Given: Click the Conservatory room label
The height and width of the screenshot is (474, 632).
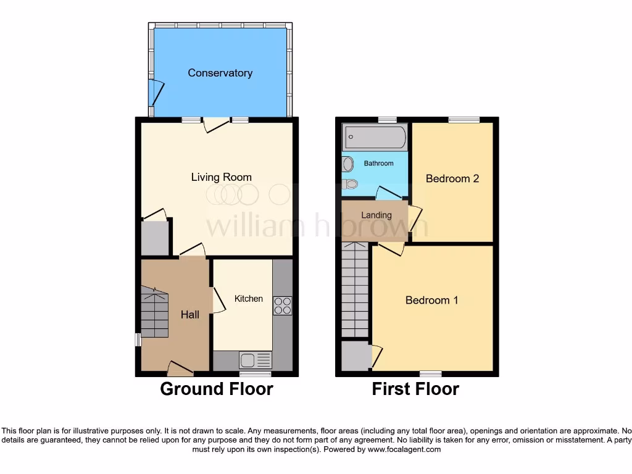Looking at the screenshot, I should [220, 73].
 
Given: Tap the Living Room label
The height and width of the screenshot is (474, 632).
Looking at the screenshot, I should [221, 177].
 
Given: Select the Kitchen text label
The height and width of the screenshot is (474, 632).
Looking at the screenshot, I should [248, 299].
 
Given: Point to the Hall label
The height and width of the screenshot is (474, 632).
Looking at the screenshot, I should [189, 315].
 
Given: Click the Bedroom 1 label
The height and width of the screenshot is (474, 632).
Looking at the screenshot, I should [431, 300].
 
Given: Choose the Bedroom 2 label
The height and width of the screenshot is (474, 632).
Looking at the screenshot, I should [452, 178].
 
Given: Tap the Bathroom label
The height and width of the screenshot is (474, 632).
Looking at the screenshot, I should [378, 164].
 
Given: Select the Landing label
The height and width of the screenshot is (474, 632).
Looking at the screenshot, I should [376, 215].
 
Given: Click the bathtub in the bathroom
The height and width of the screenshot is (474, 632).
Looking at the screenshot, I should [375, 135].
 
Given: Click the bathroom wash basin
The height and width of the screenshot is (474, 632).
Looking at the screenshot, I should [348, 164].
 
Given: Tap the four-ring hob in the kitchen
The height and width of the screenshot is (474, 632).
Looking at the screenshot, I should [283, 306].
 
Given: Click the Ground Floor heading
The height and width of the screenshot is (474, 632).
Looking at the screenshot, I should [217, 389].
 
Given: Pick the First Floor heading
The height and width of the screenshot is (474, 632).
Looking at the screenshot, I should [415, 389].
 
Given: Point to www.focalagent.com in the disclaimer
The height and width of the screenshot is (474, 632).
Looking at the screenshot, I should [404, 450].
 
